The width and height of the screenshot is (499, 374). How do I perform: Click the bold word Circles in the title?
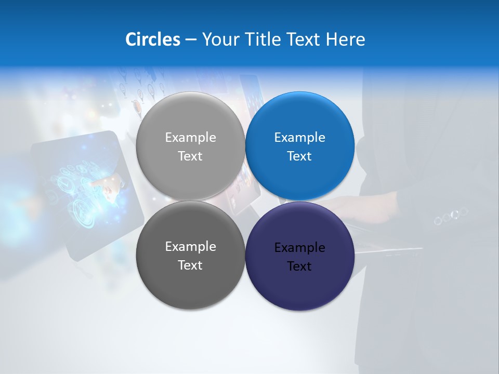click(x=153, y=39)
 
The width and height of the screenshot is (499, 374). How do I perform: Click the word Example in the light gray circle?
click(x=190, y=137)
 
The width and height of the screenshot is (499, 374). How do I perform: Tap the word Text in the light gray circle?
click(x=190, y=156)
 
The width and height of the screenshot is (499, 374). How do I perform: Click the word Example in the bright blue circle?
click(x=299, y=137)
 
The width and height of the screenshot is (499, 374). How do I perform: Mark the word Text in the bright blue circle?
click(x=299, y=156)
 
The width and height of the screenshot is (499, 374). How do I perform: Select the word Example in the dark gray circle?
click(x=190, y=246)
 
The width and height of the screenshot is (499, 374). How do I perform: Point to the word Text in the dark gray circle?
click(x=190, y=265)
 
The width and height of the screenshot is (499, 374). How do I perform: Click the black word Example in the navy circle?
click(x=299, y=247)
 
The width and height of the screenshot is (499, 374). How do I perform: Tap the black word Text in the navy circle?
click(x=299, y=266)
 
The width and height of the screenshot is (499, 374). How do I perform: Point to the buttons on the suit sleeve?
click(x=451, y=215)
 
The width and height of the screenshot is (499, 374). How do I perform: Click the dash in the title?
click(x=191, y=39)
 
